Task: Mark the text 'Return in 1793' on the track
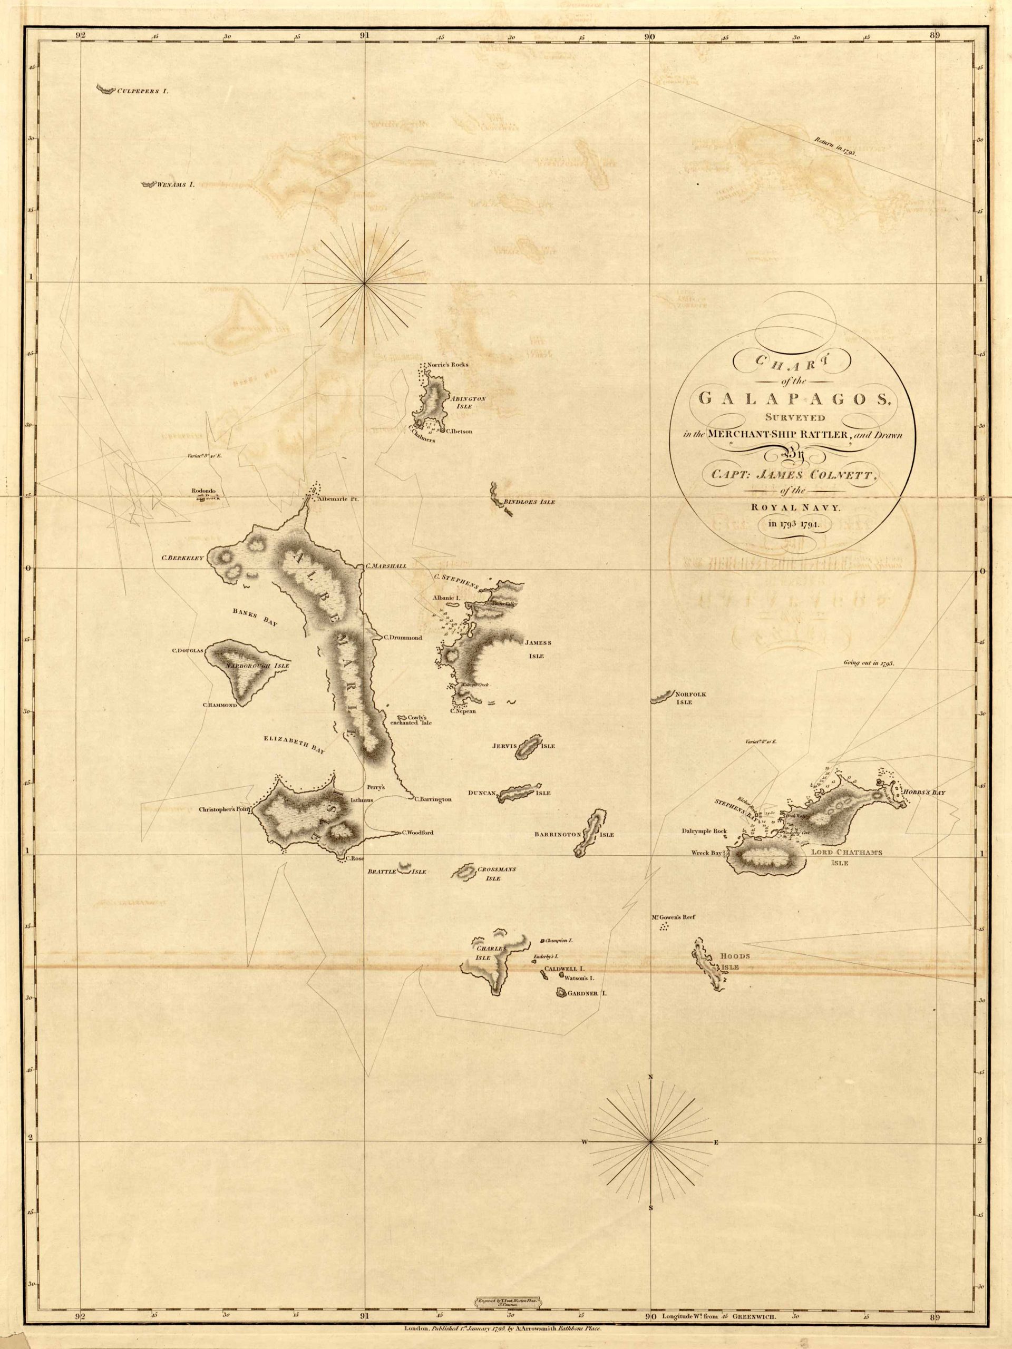point(834,146)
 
